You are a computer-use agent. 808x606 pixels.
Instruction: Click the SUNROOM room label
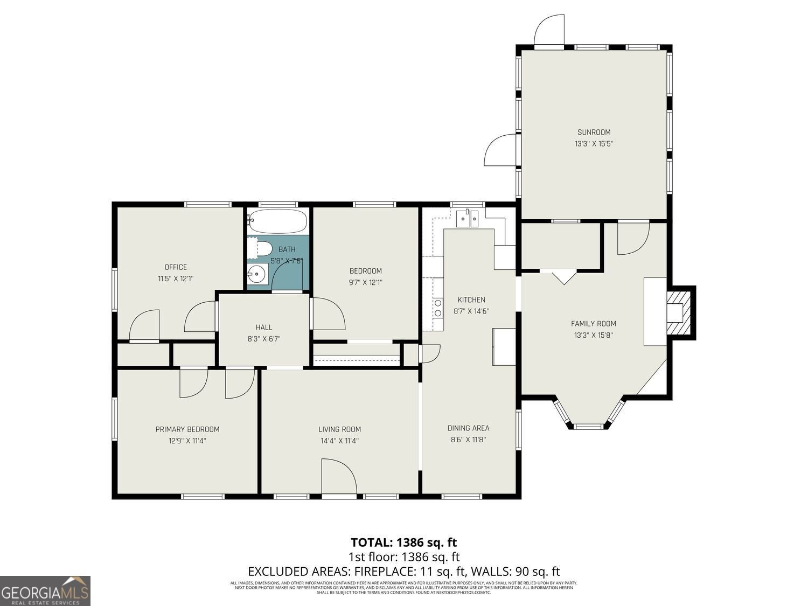(x=594, y=132)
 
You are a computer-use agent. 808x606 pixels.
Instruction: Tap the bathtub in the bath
(x=278, y=221)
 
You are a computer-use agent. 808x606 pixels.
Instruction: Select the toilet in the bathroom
(x=260, y=248)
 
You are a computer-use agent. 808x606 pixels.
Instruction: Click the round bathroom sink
(x=257, y=275)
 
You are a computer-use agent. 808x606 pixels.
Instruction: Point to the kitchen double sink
(x=467, y=219)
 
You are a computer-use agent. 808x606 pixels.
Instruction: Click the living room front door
(x=339, y=476)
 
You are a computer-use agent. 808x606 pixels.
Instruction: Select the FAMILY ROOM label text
(x=593, y=324)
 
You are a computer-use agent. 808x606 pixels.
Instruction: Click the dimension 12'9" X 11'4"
(x=187, y=441)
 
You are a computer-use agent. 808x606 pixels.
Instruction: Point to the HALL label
(x=263, y=327)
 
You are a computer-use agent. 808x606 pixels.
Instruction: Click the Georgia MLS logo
(x=45, y=590)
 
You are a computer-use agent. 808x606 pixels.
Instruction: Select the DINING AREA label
(x=468, y=428)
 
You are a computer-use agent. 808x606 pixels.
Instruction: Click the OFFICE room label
(x=176, y=267)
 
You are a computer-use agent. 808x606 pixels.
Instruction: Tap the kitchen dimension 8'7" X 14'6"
(x=471, y=311)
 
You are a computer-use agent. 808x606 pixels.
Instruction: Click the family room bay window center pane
(x=588, y=426)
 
